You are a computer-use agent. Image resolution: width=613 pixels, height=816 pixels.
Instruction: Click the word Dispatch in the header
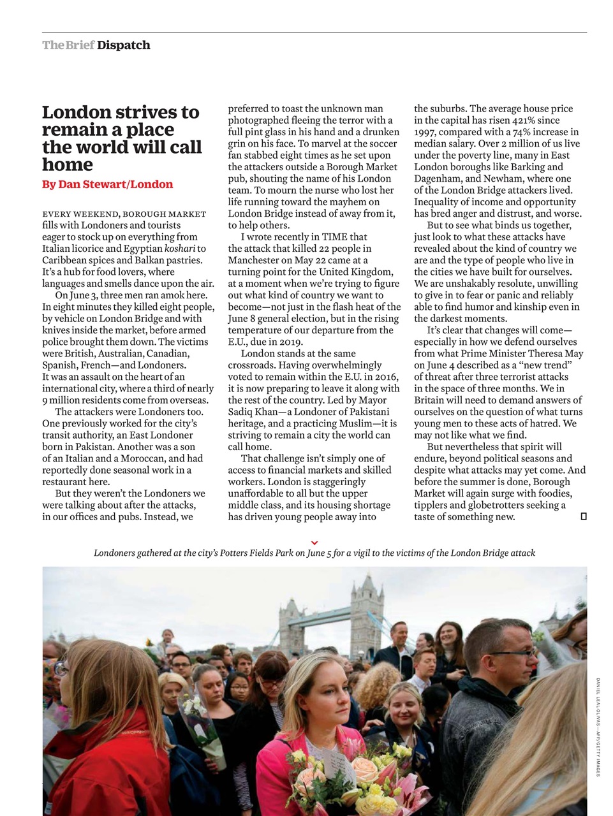[x=124, y=45]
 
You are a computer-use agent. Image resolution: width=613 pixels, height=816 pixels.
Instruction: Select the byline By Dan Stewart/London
[x=107, y=184]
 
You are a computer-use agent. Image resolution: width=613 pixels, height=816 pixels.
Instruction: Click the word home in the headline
[x=68, y=165]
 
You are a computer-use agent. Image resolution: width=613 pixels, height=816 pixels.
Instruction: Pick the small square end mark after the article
[x=583, y=516]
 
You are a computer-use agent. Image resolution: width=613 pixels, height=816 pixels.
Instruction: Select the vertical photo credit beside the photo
[x=598, y=727]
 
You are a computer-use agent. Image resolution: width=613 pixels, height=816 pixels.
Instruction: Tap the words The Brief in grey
[x=68, y=45]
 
